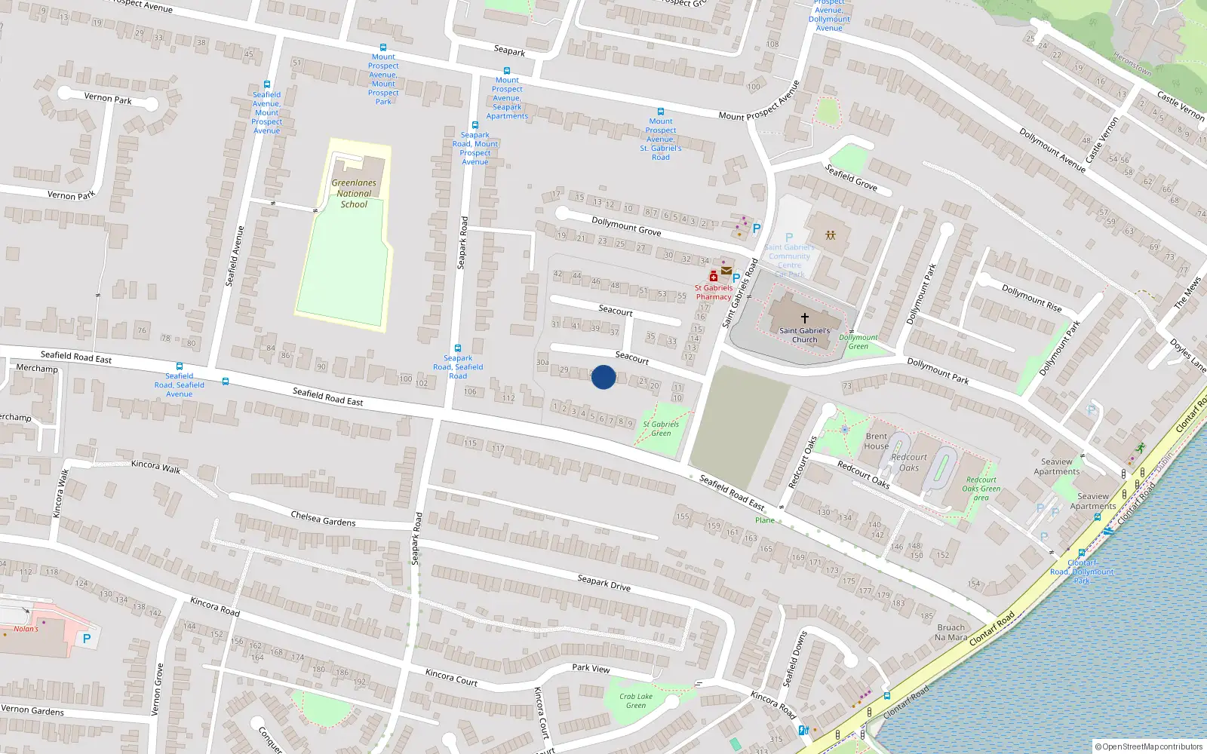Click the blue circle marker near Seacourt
(x=603, y=377)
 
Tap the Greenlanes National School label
(x=353, y=193)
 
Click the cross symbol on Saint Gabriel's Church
(x=804, y=318)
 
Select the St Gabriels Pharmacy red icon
(x=713, y=277)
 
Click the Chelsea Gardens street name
(x=323, y=519)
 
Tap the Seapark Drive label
(x=603, y=583)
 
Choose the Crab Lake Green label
(x=636, y=700)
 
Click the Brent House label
(x=877, y=441)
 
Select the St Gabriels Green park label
(x=661, y=428)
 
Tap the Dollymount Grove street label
(x=626, y=226)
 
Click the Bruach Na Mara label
(x=951, y=632)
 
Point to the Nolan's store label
(x=26, y=629)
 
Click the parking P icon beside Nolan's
(x=86, y=639)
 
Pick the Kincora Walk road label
(x=155, y=467)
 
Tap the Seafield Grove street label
(x=851, y=177)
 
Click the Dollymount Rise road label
(x=1031, y=298)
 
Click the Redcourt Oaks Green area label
(x=981, y=488)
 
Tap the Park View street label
(x=591, y=668)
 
